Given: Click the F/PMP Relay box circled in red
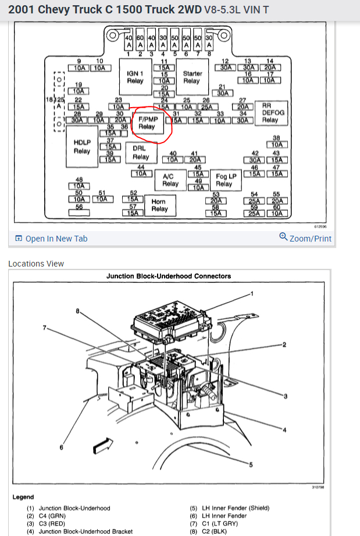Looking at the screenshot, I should pyautogui.click(x=147, y=122).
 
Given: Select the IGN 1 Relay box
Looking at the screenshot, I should pyautogui.click(x=136, y=77).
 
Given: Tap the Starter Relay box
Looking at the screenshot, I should pyautogui.click(x=192, y=77).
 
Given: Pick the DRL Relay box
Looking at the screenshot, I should pyautogui.click(x=141, y=152).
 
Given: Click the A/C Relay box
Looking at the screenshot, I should pyautogui.click(x=170, y=180).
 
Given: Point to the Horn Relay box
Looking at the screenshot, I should pyautogui.click(x=159, y=205).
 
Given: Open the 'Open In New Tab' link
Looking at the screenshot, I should pyautogui.click(x=51, y=239).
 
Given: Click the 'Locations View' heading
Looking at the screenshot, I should pyautogui.click(x=36, y=264).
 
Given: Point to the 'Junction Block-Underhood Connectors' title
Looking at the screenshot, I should pyautogui.click(x=169, y=276).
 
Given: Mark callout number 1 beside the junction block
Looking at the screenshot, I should pyautogui.click(x=252, y=293).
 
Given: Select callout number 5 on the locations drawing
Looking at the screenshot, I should pyautogui.click(x=251, y=464).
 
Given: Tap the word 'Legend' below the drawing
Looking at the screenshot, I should pyautogui.click(x=23, y=497).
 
